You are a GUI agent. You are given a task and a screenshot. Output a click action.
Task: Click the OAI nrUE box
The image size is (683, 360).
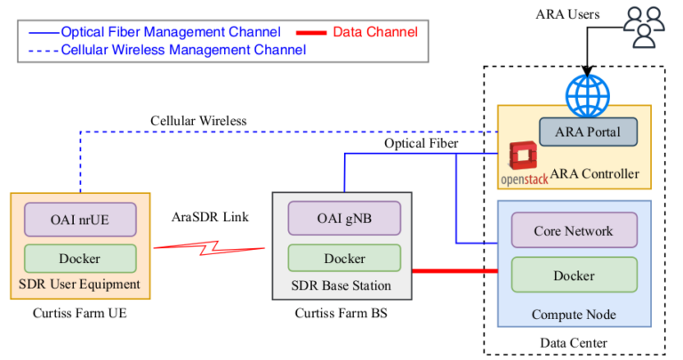coord(80,219)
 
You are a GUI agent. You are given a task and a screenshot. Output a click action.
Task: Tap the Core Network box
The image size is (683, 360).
coord(574,230)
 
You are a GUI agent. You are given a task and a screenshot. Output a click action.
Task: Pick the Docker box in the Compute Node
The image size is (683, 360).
coord(574,276)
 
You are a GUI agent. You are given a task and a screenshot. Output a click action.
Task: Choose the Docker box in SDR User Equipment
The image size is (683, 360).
coord(80,259)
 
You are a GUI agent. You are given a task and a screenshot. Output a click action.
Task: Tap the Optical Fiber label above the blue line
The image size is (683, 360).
coord(422,143)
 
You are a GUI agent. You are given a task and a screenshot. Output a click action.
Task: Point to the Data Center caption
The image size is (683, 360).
coord(574,343)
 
